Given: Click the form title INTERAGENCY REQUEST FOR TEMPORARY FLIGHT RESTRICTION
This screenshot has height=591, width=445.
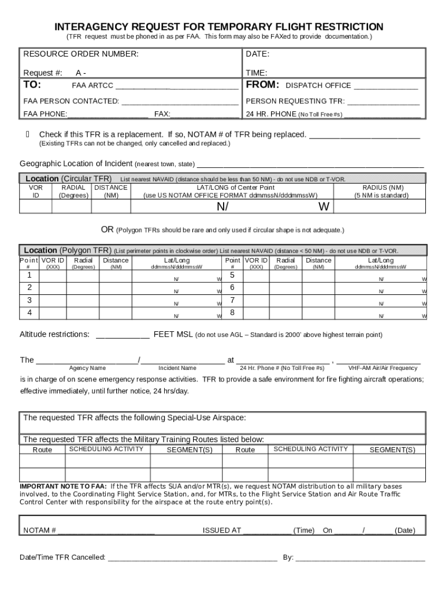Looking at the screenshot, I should click(218, 27).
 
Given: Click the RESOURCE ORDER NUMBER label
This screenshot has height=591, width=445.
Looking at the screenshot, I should click(80, 54).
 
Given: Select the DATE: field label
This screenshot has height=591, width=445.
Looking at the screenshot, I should click(258, 54).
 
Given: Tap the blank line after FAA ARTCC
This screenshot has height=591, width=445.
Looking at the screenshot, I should click(177, 87).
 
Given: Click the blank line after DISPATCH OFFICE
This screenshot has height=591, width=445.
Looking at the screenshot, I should click(385, 87).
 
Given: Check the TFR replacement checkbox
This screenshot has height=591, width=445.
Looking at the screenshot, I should click(28, 134).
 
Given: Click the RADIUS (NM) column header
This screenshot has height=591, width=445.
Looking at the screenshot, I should click(383, 188).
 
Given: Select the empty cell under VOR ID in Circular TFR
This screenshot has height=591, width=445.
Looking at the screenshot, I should click(36, 207).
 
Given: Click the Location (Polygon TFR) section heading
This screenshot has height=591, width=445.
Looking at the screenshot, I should click(67, 250).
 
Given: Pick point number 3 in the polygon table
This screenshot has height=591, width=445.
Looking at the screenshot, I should click(29, 300).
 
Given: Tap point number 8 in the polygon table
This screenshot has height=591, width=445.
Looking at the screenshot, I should click(232, 313).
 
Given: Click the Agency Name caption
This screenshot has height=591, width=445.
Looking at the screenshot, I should click(87, 368).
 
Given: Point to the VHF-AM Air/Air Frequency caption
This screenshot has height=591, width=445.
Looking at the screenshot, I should click(383, 368).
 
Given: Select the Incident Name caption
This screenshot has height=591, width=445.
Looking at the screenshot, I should click(177, 368).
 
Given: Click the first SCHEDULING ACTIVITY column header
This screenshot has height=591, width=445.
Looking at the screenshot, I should click(106, 449).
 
